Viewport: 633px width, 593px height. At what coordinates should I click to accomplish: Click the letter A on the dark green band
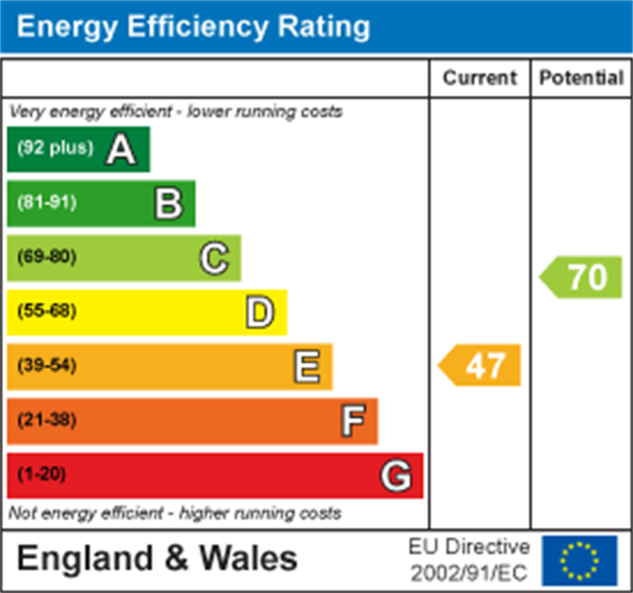(121, 149)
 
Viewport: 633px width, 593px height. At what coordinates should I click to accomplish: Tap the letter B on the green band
(168, 203)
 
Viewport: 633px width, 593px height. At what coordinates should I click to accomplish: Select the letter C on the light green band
(214, 258)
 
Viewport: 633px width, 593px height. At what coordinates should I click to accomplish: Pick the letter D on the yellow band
(260, 312)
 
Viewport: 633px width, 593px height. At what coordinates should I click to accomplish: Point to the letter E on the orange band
(306, 367)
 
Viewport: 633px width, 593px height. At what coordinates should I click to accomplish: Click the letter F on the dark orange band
(353, 421)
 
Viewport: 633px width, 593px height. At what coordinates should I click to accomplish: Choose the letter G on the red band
(397, 476)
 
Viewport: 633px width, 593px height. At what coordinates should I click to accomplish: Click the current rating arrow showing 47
(480, 366)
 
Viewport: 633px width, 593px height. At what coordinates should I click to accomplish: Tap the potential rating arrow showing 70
(581, 277)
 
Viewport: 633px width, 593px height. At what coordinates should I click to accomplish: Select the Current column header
(479, 78)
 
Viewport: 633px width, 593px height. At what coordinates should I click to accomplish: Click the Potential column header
(581, 78)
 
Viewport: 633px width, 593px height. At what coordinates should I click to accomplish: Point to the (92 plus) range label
(55, 148)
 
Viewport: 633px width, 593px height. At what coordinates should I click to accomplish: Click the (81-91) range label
(47, 202)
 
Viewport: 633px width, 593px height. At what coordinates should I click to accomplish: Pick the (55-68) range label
(47, 311)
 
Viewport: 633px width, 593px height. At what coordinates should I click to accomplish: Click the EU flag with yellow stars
(579, 560)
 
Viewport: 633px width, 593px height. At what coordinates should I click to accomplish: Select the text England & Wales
(156, 559)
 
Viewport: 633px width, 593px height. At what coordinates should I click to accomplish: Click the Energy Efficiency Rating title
(193, 27)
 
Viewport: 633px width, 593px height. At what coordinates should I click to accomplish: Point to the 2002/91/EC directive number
(470, 573)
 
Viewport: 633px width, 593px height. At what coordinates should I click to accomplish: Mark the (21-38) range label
(47, 420)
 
